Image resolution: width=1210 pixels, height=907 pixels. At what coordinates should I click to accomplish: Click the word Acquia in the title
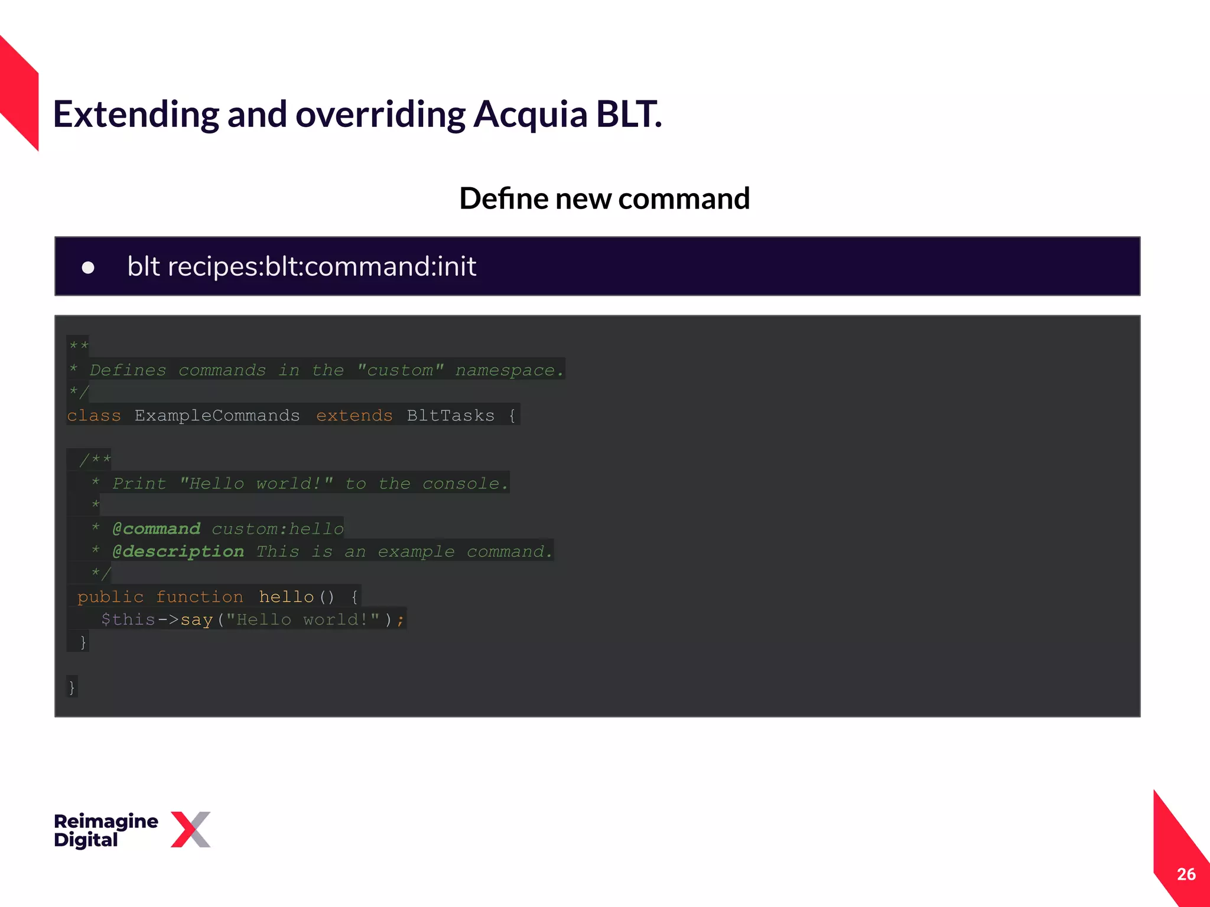pyautogui.click(x=530, y=115)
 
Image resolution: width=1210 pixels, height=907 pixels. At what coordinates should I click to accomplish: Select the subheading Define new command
pyautogui.click(x=604, y=198)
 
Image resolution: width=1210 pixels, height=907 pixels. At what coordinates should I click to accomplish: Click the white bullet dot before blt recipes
pyautogui.click(x=88, y=268)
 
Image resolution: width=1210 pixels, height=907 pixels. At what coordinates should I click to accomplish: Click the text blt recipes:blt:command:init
pyautogui.click(x=301, y=266)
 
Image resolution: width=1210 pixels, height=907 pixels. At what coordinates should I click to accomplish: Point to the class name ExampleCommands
pyautogui.click(x=217, y=416)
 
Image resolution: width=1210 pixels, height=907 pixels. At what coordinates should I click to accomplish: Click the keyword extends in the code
pyautogui.click(x=354, y=416)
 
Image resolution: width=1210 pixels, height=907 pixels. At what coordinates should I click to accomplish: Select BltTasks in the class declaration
pyautogui.click(x=450, y=416)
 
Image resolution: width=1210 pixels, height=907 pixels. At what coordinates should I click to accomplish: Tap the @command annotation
pyautogui.click(x=156, y=528)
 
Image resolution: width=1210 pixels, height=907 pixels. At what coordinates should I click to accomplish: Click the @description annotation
pyautogui.click(x=178, y=552)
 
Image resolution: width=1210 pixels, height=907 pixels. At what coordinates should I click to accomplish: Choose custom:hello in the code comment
pyautogui.click(x=278, y=528)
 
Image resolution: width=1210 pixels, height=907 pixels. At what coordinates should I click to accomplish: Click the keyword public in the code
pyautogui.click(x=110, y=597)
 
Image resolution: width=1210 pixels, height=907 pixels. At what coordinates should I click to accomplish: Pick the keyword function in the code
pyautogui.click(x=199, y=597)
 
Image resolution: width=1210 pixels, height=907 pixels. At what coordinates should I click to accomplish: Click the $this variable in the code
pyautogui.click(x=128, y=619)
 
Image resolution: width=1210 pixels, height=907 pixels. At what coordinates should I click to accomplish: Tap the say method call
pyautogui.click(x=196, y=620)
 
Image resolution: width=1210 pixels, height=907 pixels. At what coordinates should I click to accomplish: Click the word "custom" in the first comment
pyautogui.click(x=400, y=370)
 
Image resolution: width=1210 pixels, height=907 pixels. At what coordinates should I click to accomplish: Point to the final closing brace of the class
pyautogui.click(x=72, y=687)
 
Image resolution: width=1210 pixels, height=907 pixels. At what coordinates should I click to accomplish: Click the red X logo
pyautogui.click(x=190, y=830)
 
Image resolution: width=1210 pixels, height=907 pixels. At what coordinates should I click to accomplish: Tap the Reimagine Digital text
pyautogui.click(x=106, y=830)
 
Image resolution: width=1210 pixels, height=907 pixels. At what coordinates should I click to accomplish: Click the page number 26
pyautogui.click(x=1186, y=874)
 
